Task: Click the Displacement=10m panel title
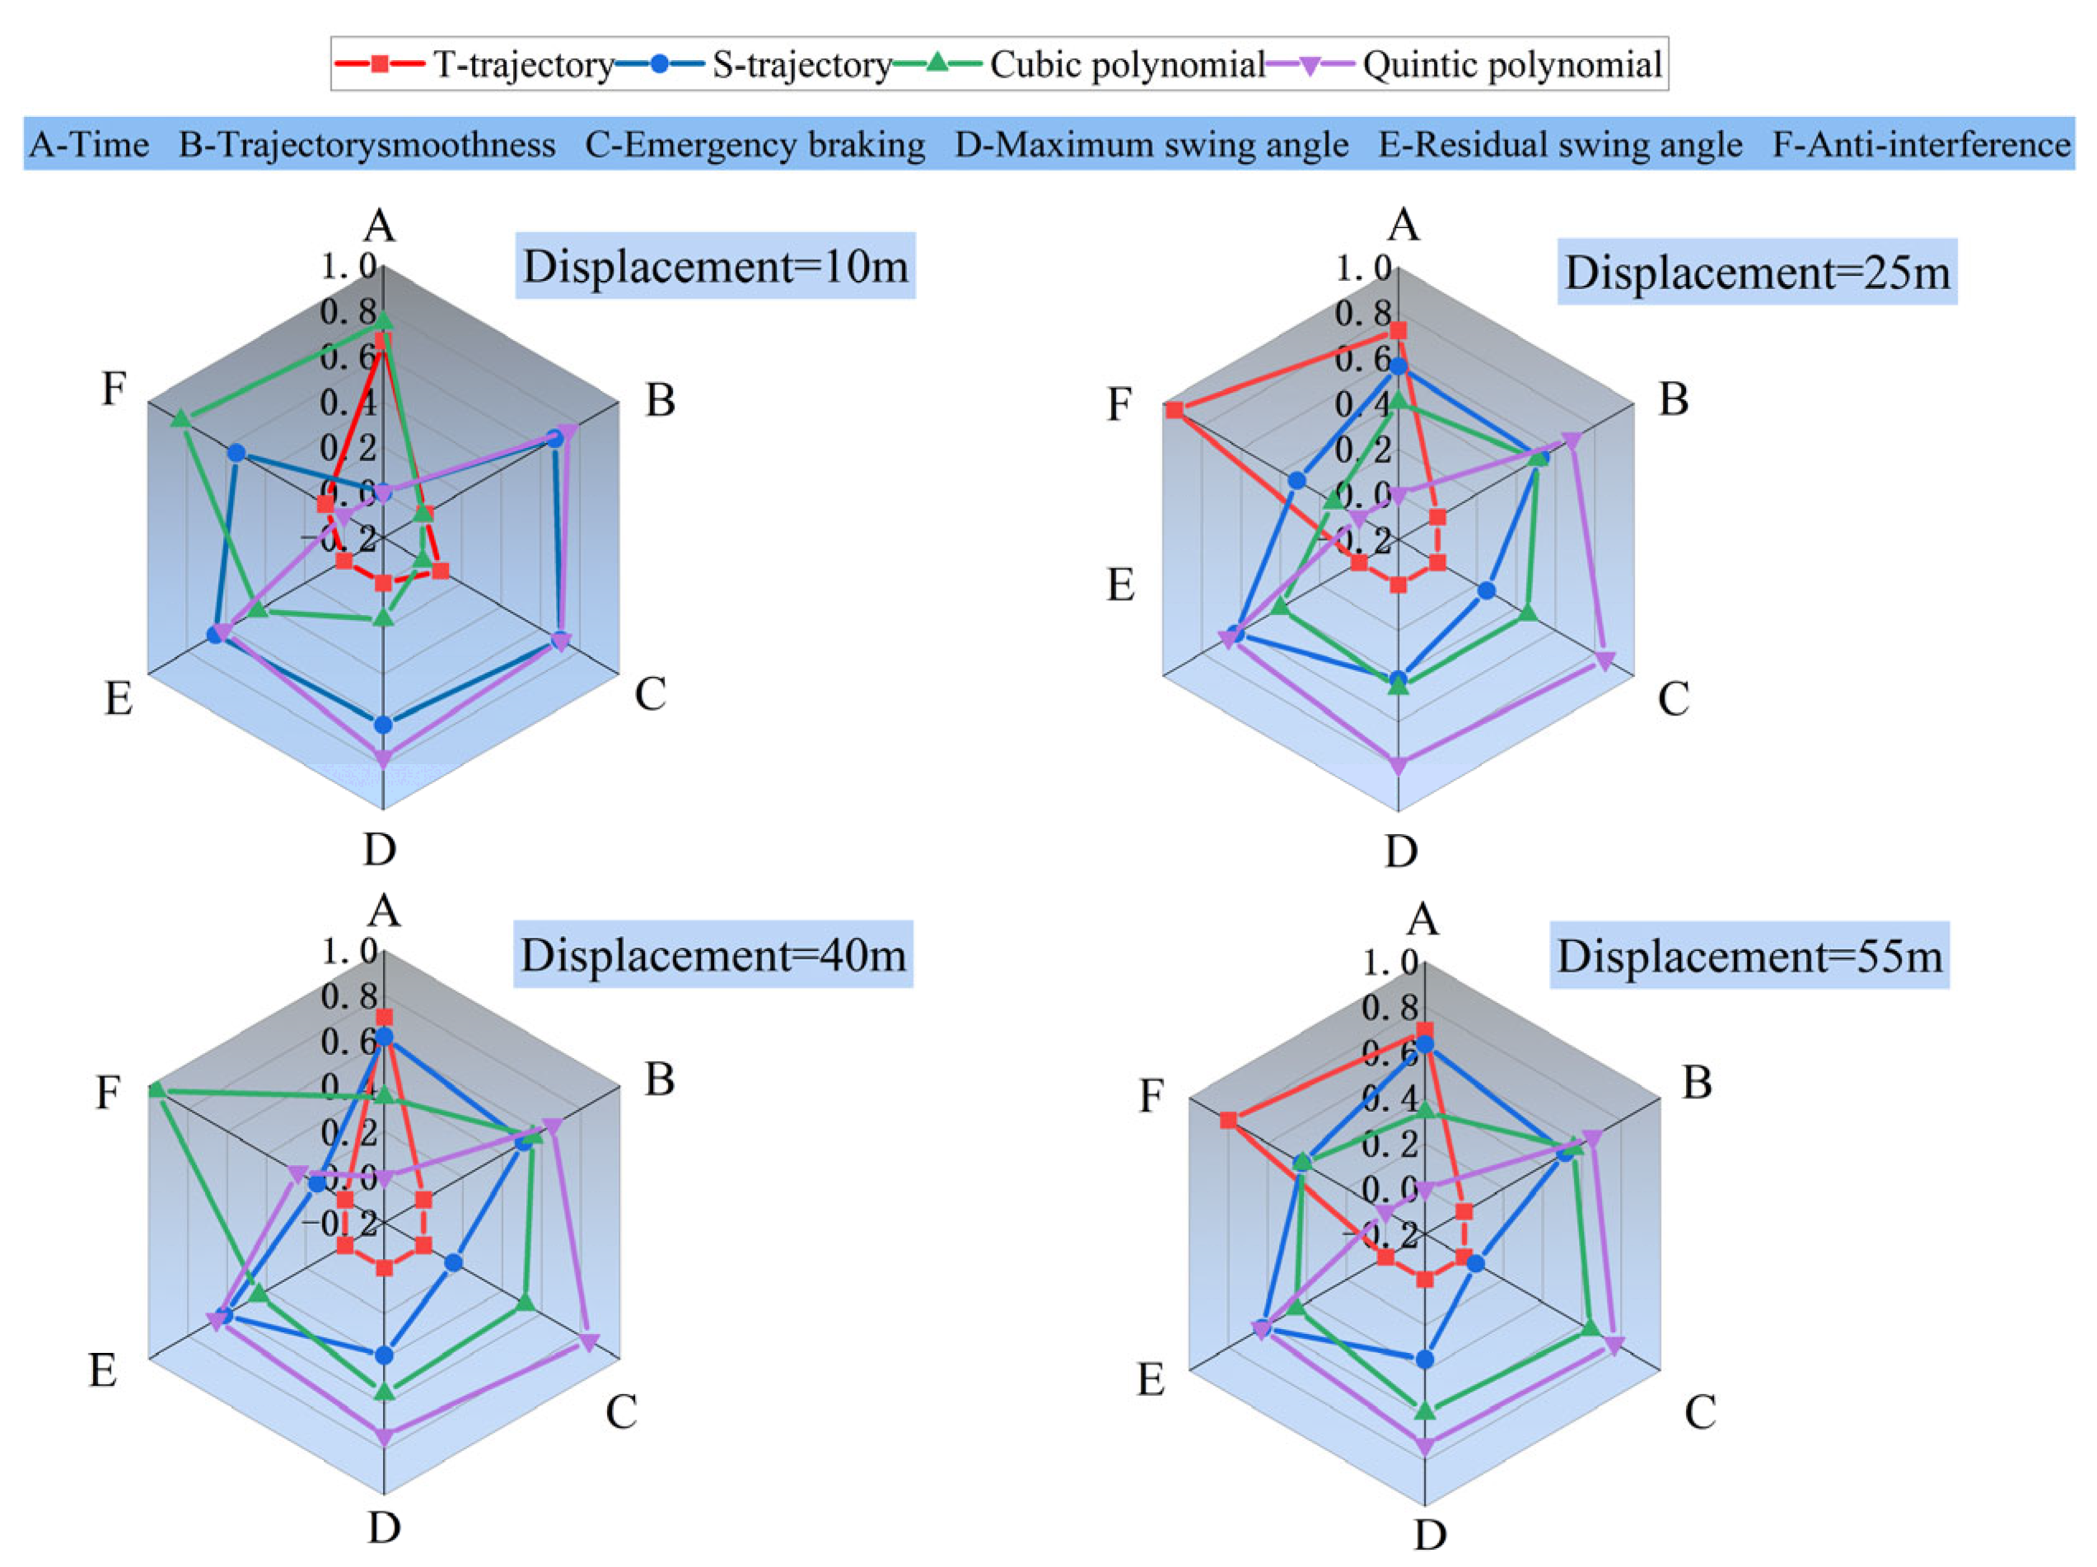(x=715, y=266)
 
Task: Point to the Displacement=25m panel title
(x=1757, y=272)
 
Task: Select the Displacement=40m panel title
(x=713, y=954)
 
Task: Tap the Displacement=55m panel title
(x=1749, y=955)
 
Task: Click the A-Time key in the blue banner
(x=89, y=144)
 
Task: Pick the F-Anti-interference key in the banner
(x=1921, y=144)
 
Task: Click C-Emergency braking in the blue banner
(x=754, y=144)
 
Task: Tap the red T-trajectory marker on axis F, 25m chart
(x=1175, y=409)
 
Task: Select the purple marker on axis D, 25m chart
(x=1398, y=767)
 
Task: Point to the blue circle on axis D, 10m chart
(x=383, y=725)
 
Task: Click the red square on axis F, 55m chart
(x=1229, y=1121)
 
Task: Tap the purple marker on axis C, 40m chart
(x=589, y=1342)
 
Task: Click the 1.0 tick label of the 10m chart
(x=348, y=266)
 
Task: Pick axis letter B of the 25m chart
(x=1674, y=399)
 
